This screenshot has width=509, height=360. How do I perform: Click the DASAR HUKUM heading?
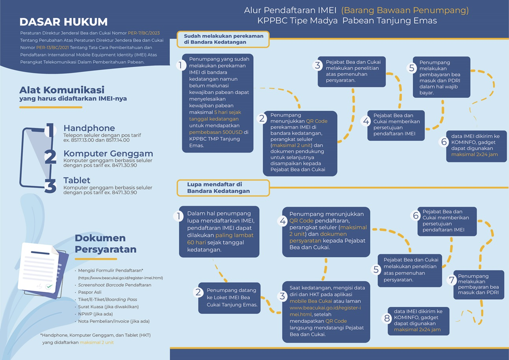63,22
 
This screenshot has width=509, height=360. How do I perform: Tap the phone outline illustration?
36,158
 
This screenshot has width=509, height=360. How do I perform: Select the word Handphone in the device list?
89,128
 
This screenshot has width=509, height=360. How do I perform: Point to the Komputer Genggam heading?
108,153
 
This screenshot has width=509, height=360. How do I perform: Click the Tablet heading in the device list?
77,180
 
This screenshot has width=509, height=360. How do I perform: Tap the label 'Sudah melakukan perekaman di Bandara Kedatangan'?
223,39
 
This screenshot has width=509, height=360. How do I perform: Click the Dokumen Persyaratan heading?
106,244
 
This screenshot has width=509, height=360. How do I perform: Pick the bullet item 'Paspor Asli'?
89,292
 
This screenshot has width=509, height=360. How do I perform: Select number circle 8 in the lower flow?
387,319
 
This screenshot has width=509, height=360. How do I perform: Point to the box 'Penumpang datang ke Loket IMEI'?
229,298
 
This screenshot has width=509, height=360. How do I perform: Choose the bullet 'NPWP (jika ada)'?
95,314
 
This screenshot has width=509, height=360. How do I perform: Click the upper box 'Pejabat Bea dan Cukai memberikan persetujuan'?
396,125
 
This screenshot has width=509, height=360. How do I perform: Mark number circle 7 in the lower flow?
452,280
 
